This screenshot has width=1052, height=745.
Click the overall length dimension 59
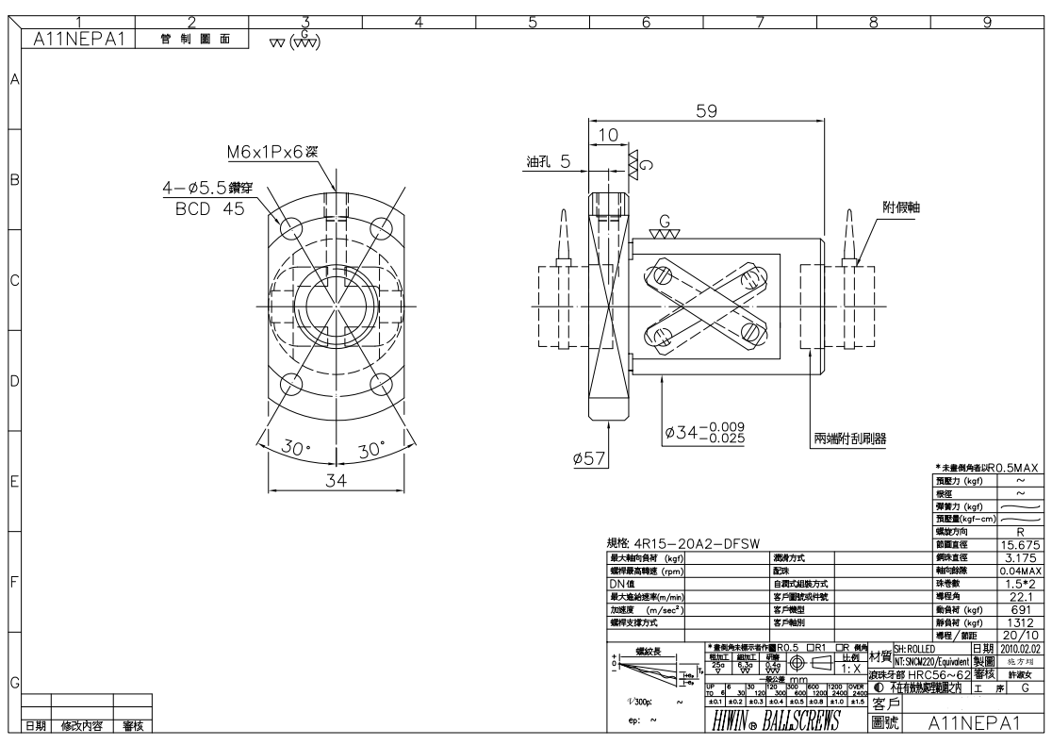click(706, 110)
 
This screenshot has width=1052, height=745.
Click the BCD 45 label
click(210, 208)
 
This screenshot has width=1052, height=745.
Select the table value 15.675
click(1020, 545)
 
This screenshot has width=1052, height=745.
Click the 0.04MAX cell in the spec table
click(1020, 571)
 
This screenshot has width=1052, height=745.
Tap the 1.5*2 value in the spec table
click(1020, 584)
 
